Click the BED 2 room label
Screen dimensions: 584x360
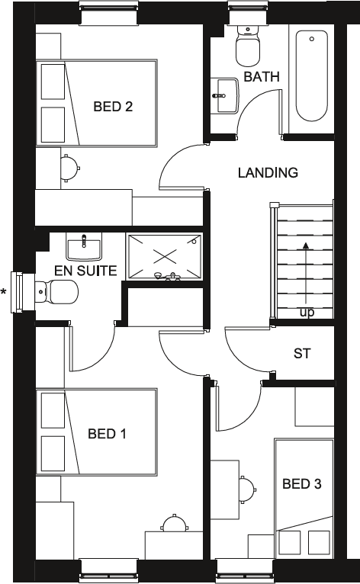coord(113,107)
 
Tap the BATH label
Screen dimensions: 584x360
coord(262,77)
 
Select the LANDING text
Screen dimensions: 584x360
coord(268,173)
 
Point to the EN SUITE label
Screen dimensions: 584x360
coord(85,271)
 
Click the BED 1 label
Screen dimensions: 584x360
coord(107,434)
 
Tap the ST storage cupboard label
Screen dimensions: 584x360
coord(302,354)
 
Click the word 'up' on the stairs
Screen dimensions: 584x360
coord(306,313)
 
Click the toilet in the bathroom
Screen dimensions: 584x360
coord(248,46)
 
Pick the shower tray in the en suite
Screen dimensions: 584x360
coord(164,257)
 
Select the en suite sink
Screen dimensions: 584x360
coord(83,246)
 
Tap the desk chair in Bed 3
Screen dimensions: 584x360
coord(246,488)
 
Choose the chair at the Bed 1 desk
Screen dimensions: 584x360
coord(174,525)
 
